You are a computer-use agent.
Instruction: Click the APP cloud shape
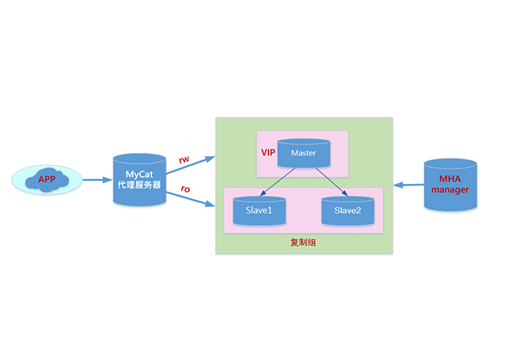47,180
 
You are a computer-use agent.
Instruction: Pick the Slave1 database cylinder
259,210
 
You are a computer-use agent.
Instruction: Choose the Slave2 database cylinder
347,210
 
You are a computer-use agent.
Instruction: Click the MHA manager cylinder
450,185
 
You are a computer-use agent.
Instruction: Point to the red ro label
185,188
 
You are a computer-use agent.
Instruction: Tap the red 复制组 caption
303,243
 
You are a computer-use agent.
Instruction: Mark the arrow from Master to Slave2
327,183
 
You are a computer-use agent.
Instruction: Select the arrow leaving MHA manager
408,185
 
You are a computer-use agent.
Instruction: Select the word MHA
450,178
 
